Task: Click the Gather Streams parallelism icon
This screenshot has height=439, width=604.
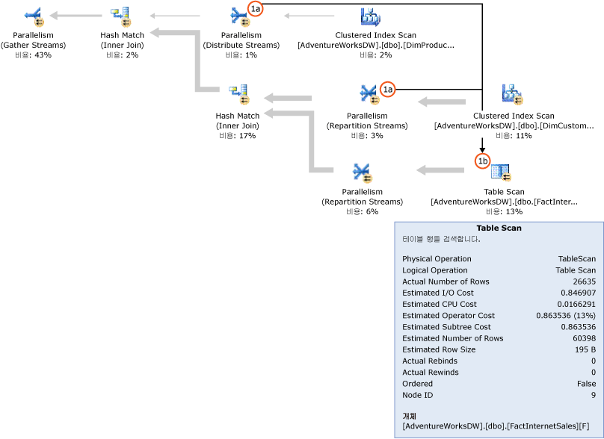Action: pos(34,16)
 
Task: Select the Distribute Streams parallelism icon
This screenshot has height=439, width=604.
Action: pos(240,16)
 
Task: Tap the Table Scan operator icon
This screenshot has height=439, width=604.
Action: pos(500,173)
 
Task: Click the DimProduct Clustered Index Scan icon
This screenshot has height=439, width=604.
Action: pos(371,16)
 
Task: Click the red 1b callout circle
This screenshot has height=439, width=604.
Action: pos(482,160)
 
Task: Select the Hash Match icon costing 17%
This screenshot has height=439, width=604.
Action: pos(238,95)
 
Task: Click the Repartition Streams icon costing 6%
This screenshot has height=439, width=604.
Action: pos(362,173)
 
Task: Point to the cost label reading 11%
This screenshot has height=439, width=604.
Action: pos(514,136)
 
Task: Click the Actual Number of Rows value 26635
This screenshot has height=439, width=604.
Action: pos(582,281)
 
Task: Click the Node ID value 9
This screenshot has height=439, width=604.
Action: pos(593,395)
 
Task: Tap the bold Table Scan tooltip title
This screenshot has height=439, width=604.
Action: pos(499,228)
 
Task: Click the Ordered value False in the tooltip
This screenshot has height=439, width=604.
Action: pos(585,384)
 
